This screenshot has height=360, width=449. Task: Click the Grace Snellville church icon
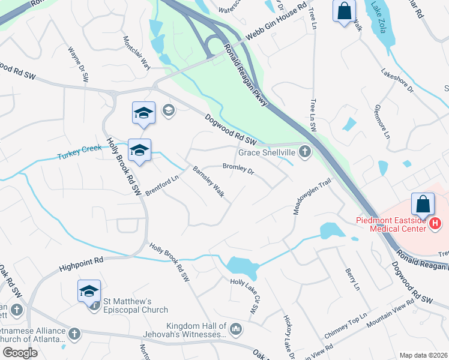point(306,152)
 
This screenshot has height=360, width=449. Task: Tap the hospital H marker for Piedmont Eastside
point(436,224)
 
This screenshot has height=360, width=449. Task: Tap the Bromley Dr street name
point(239,170)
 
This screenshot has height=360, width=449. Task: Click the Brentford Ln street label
point(162,186)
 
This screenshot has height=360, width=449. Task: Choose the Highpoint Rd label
point(82,263)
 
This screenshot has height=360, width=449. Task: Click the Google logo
point(20,352)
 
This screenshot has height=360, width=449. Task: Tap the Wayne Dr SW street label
point(79,64)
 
